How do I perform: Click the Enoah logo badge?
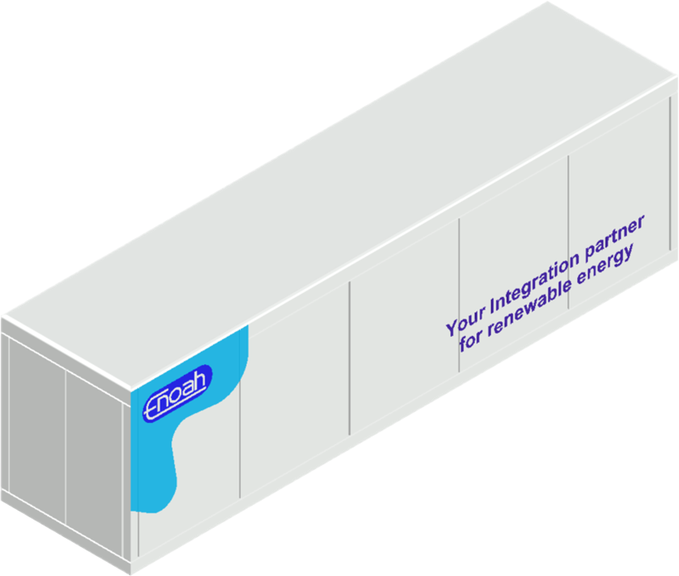(x=177, y=393)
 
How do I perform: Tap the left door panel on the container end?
(x=36, y=430)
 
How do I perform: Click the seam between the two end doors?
(x=65, y=447)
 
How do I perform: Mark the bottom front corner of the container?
(x=131, y=574)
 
